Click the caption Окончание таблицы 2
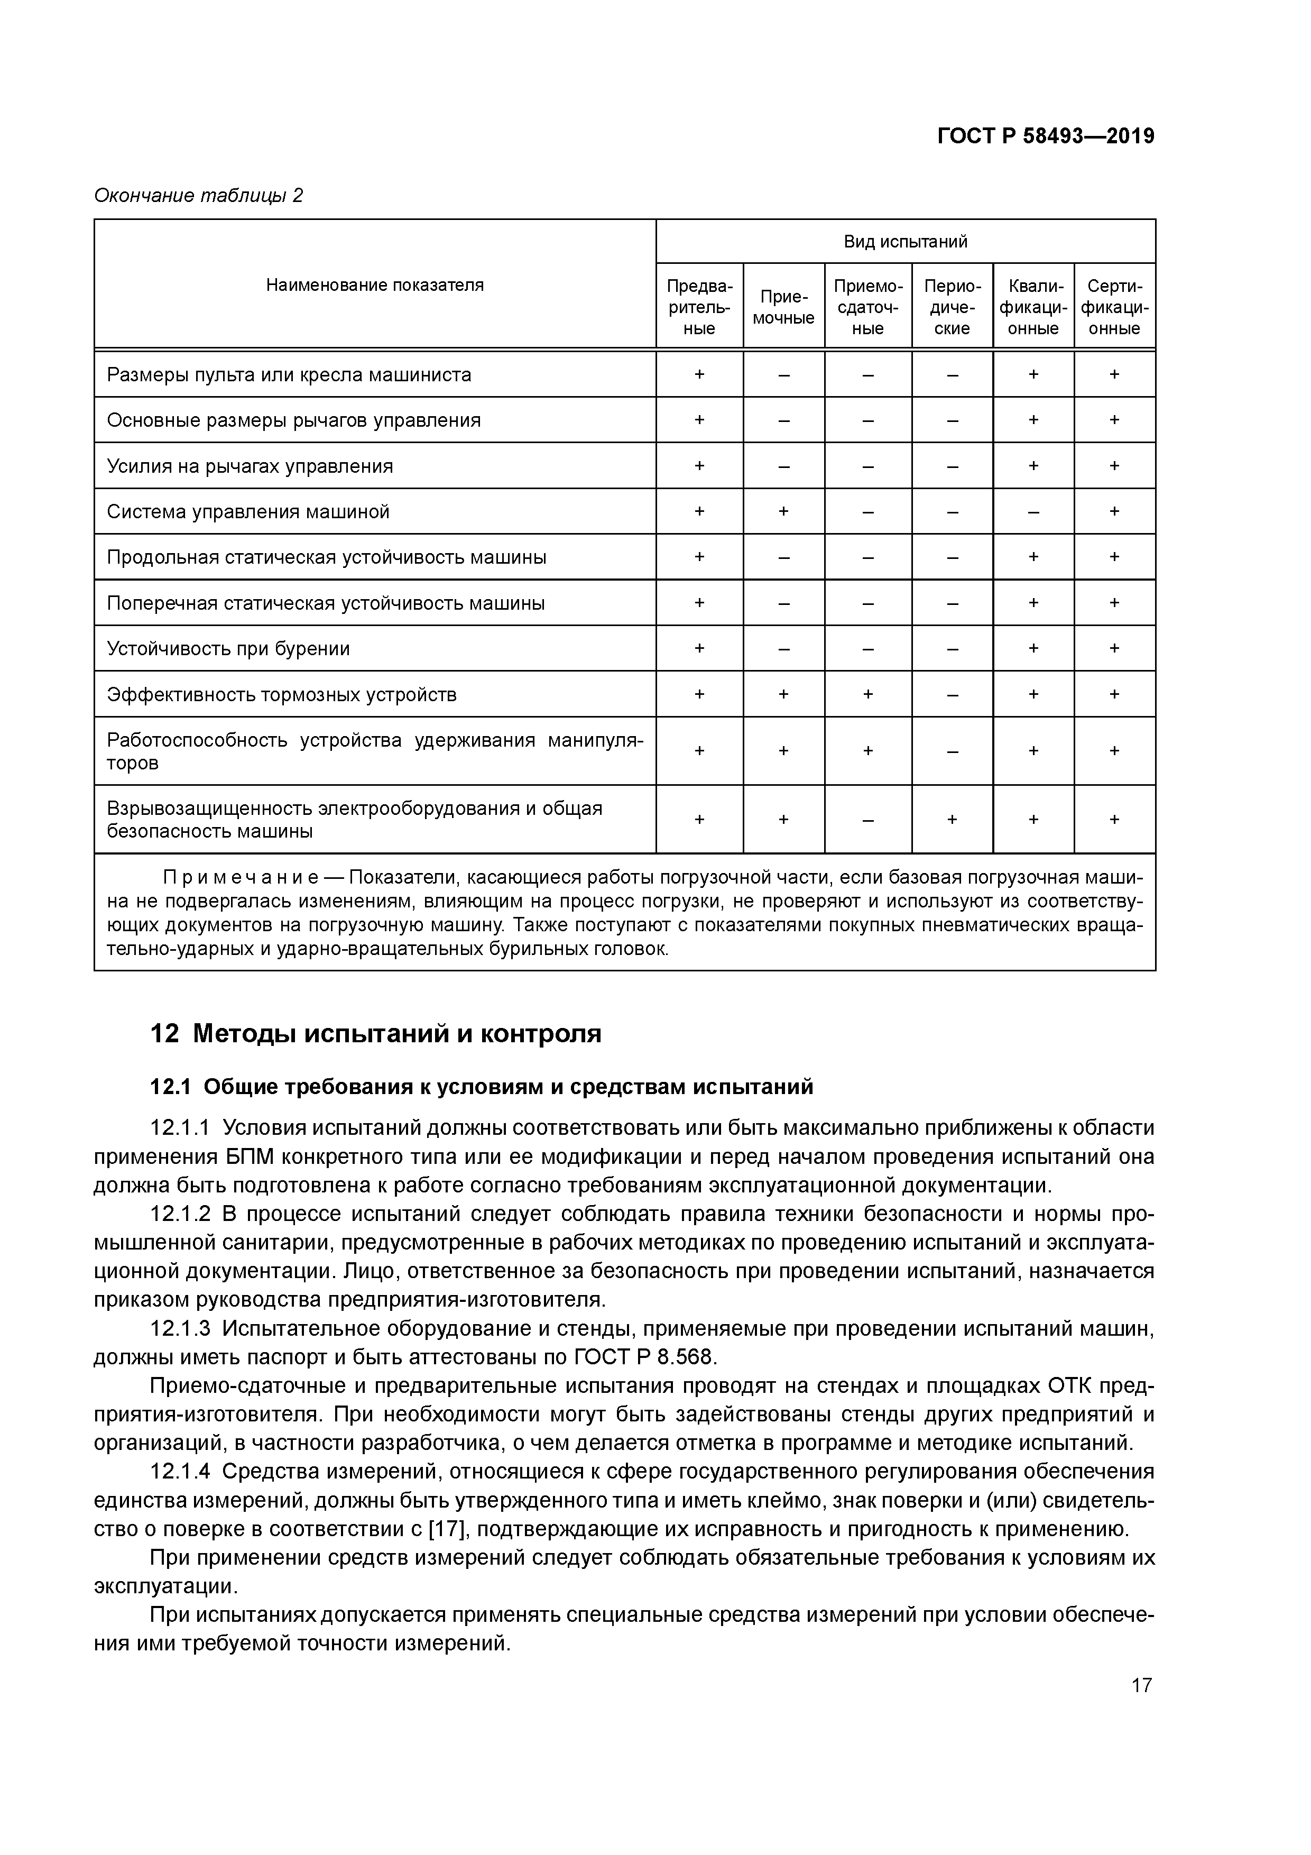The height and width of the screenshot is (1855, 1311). pos(199,196)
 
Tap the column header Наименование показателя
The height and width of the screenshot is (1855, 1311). pos(375,284)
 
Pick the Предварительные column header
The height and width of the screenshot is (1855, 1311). pos(699,307)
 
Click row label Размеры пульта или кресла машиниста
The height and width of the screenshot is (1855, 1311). pos(289,375)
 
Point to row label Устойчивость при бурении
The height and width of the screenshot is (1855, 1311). pos(228,649)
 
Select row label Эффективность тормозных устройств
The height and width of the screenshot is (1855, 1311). pos(282,695)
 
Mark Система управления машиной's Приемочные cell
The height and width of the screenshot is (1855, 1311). pos(783,511)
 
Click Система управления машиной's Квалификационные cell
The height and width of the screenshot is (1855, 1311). pos(1033,511)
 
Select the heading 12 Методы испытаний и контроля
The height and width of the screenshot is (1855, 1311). pos(376,1033)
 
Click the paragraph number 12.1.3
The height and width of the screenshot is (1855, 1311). pos(179,1328)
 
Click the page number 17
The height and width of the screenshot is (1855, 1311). pos(1141,1685)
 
